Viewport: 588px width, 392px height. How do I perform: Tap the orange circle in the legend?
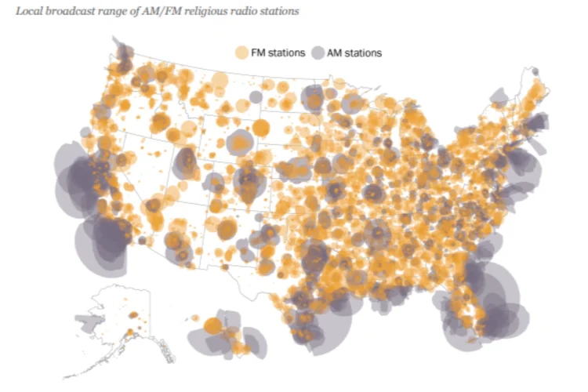(x=241, y=53)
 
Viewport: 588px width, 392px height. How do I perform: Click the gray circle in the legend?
(x=320, y=53)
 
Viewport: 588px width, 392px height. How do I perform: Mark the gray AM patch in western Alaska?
(x=90, y=321)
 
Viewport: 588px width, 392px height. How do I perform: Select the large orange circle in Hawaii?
(x=212, y=325)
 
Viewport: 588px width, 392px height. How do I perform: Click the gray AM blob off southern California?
(x=102, y=243)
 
